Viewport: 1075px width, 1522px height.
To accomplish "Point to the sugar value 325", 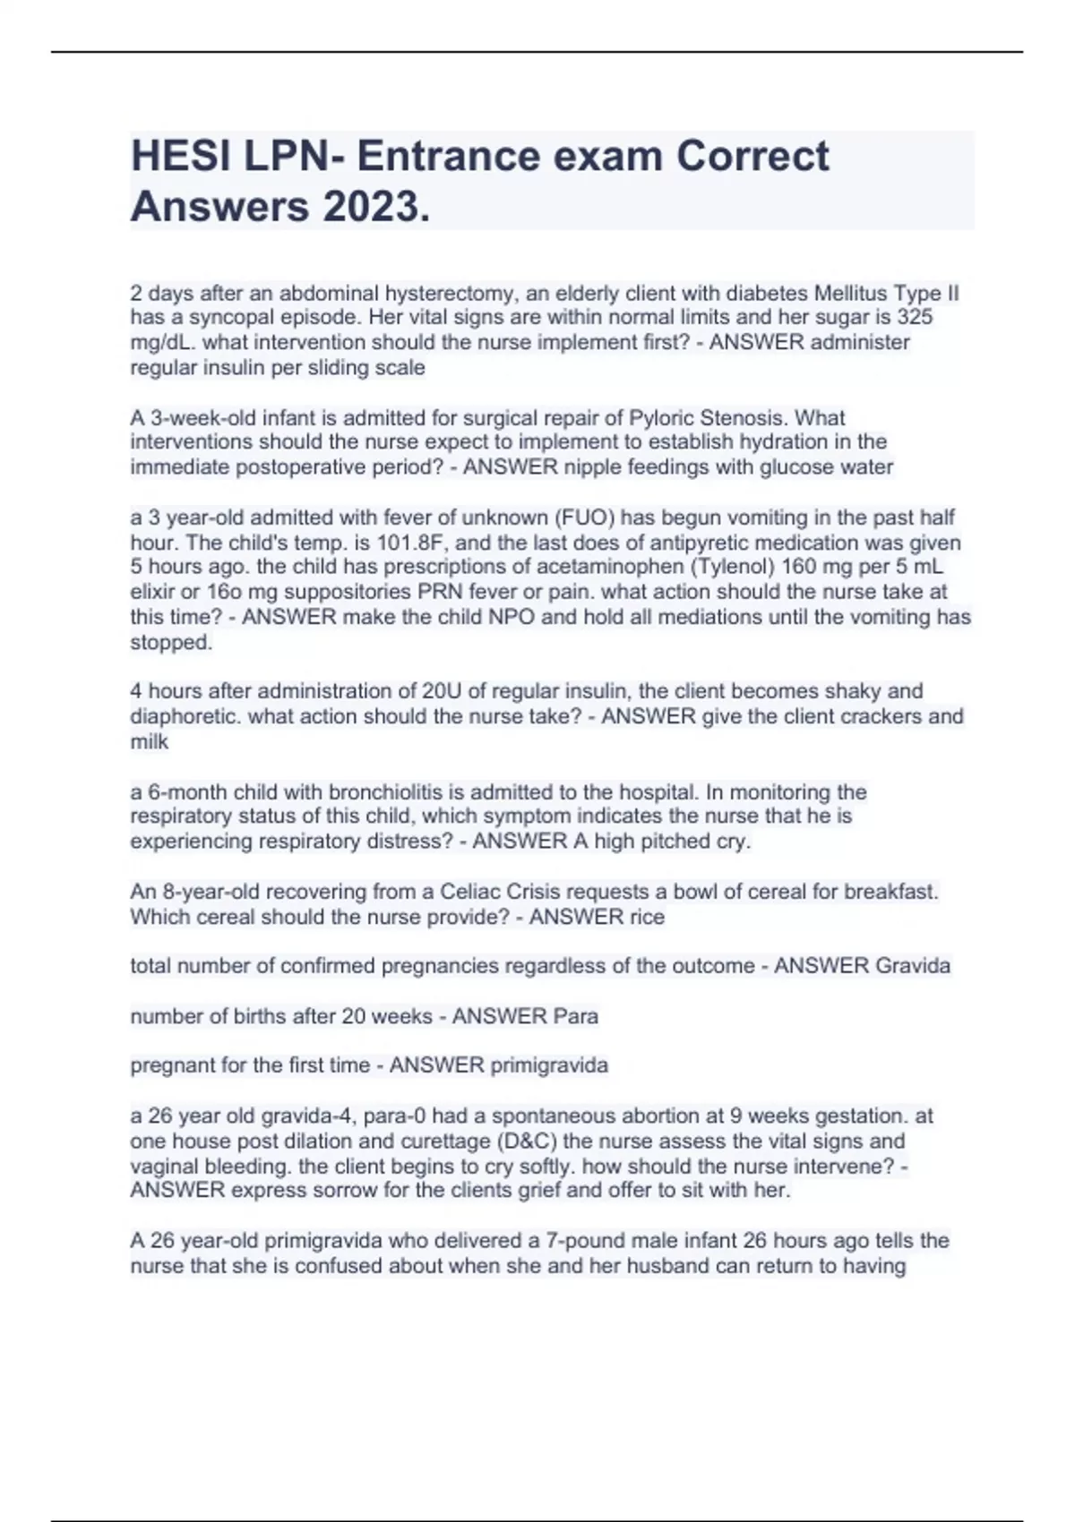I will pos(915,317).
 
